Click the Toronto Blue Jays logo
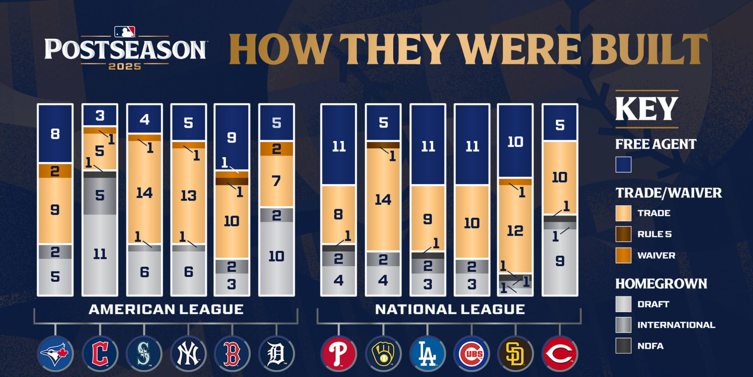pyautogui.click(x=55, y=353)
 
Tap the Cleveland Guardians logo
pyautogui.click(x=100, y=353)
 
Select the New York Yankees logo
pyautogui.click(x=188, y=353)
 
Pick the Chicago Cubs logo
pyautogui.click(x=472, y=353)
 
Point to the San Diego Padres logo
pyautogui.click(x=516, y=353)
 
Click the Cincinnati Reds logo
pyautogui.click(x=560, y=353)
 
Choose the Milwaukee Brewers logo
pyautogui.click(x=383, y=353)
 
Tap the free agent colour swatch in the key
pyautogui.click(x=624, y=164)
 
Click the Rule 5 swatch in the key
pyautogui.click(x=624, y=234)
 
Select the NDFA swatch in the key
pyautogui.click(x=624, y=346)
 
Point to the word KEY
pyautogui.click(x=647, y=109)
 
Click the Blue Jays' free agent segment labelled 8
pyautogui.click(x=55, y=134)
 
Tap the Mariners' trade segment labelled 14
pyautogui.click(x=144, y=192)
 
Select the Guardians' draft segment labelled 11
pyautogui.click(x=100, y=254)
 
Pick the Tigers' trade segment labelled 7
pyautogui.click(x=276, y=181)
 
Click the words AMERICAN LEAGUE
pyautogui.click(x=166, y=309)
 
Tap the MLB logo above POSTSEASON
pyautogui.click(x=125, y=32)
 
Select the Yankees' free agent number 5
pyautogui.click(x=188, y=122)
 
